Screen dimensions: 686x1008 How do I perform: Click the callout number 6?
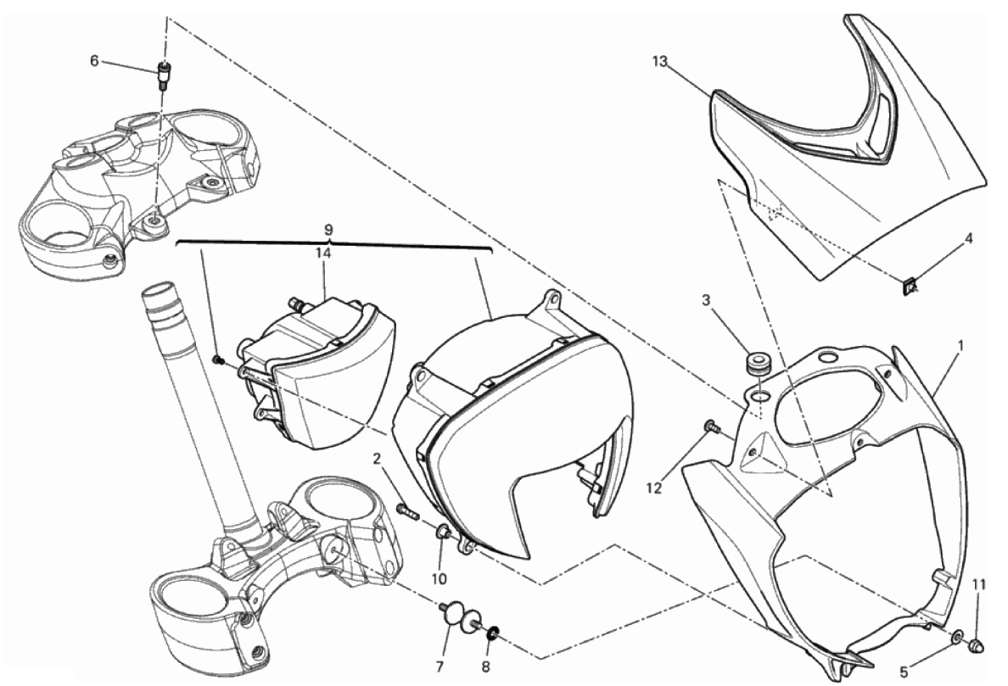point(95,60)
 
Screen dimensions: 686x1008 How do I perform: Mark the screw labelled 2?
point(406,510)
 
